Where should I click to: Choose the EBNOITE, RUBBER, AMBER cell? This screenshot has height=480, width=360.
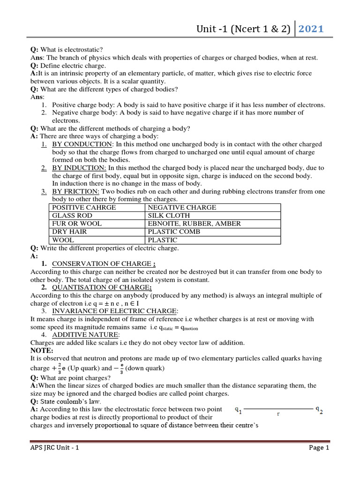coord(194,224)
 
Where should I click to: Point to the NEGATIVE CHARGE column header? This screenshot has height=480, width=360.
coord(182,208)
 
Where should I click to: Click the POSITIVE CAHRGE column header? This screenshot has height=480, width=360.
coord(84,208)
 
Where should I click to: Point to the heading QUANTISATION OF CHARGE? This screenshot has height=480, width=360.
coord(102,287)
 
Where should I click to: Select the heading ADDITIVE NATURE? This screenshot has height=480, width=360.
coord(86,335)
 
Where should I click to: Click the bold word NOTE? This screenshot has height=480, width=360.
coord(42,351)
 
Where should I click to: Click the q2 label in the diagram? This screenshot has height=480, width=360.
coord(319,409)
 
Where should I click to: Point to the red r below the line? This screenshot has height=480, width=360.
coord(278,414)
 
